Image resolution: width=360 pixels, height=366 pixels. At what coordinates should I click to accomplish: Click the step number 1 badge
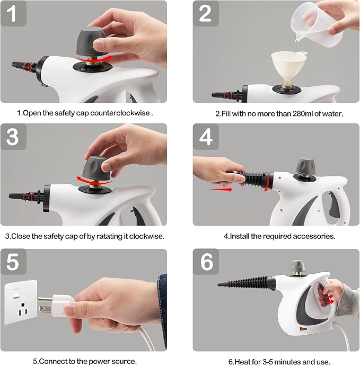(13, 14)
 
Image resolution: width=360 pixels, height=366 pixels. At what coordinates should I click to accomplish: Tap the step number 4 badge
(206, 137)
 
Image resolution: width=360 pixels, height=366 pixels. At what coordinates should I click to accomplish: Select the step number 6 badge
(206, 262)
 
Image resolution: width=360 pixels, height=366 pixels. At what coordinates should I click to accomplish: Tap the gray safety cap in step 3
(96, 168)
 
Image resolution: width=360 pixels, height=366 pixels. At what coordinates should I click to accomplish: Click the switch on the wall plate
(16, 293)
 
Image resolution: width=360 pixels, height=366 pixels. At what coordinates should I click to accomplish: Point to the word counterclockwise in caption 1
(120, 113)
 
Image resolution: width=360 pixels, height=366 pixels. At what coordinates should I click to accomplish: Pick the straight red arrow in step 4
(221, 189)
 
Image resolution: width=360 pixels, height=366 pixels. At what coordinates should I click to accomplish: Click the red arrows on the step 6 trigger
(329, 299)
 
